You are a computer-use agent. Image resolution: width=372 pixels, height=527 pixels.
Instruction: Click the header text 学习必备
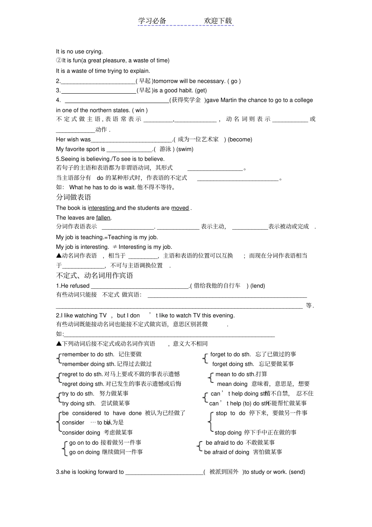152,21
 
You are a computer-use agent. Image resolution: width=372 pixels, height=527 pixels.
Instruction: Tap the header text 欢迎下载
218,21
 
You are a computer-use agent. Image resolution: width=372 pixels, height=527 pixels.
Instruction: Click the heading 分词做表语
74,197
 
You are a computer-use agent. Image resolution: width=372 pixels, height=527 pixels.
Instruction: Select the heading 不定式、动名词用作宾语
94,275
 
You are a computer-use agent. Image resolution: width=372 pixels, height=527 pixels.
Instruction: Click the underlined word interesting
101,208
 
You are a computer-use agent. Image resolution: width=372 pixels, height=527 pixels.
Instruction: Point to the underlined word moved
180,208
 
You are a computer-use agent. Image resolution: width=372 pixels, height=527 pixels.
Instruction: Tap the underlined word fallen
103,218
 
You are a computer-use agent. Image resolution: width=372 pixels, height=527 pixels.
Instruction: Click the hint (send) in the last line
297,472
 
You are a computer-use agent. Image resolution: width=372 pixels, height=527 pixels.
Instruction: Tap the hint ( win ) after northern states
140,110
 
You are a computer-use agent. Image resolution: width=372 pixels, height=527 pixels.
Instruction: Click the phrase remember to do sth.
88,355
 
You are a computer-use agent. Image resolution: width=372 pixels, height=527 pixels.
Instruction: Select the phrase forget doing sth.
233,364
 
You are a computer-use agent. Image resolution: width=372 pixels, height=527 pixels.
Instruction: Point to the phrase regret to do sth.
82,374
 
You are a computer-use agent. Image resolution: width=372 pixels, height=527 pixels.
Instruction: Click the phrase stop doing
228,433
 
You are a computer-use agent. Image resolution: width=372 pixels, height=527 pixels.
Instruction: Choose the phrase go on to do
84,443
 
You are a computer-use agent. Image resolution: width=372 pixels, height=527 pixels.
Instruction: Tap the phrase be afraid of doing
227,452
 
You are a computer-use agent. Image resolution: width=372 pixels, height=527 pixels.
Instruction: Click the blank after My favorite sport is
129,150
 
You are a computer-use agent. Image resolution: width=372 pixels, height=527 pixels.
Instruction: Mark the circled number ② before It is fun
59,61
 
